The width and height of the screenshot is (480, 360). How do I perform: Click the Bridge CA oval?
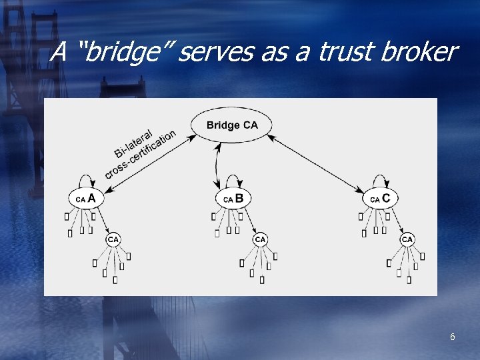[x=232, y=125]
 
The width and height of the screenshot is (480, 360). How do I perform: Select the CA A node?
[x=86, y=199]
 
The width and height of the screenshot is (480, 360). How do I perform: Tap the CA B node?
[x=233, y=199]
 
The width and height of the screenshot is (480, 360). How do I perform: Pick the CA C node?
[x=381, y=199]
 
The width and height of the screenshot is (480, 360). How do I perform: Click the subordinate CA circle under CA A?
[x=113, y=239]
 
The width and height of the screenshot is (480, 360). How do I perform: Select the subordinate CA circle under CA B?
[x=260, y=239]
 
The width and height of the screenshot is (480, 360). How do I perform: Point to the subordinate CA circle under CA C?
[x=407, y=239]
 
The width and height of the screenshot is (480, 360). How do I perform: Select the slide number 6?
[x=453, y=337]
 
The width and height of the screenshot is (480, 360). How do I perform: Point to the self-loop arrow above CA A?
[x=88, y=179]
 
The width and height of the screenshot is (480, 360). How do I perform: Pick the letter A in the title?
[x=59, y=51]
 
